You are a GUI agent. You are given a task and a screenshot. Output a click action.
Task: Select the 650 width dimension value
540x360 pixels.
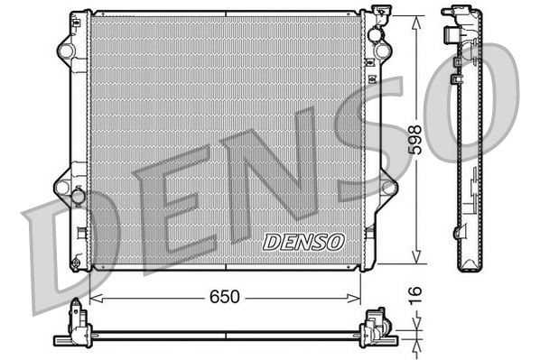click(225, 296)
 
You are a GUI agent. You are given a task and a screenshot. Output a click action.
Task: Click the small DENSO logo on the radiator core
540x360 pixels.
click(303, 241)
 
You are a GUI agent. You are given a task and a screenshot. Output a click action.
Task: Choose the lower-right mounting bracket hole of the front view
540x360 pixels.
click(391, 187)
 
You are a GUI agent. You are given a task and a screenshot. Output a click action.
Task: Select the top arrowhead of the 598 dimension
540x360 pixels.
click(416, 20)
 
